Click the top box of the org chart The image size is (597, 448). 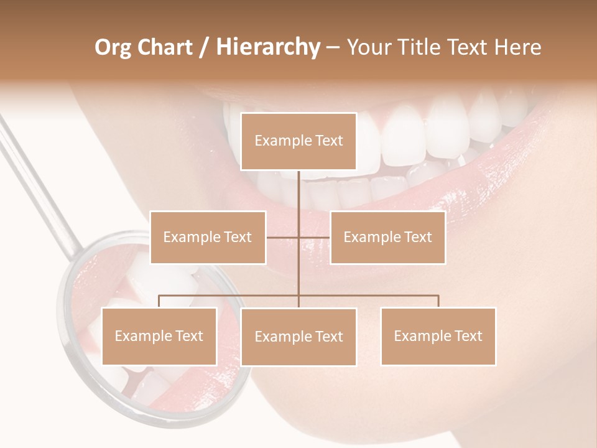pyautogui.click(x=298, y=141)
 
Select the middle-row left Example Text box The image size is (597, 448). pyautogui.click(x=208, y=237)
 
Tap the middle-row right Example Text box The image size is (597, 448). pyautogui.click(x=387, y=237)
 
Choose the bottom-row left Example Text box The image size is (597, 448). pyautogui.click(x=159, y=336)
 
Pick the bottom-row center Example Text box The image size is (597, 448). pyautogui.click(x=298, y=337)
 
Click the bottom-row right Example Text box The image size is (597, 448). pyautogui.click(x=438, y=336)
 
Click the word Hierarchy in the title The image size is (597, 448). pyautogui.click(x=268, y=47)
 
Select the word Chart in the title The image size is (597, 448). pyautogui.click(x=165, y=47)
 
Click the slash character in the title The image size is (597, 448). pyautogui.click(x=204, y=47)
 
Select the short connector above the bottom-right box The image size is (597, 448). pyautogui.click(x=438, y=301)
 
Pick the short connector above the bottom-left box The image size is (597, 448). pyautogui.click(x=159, y=301)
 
